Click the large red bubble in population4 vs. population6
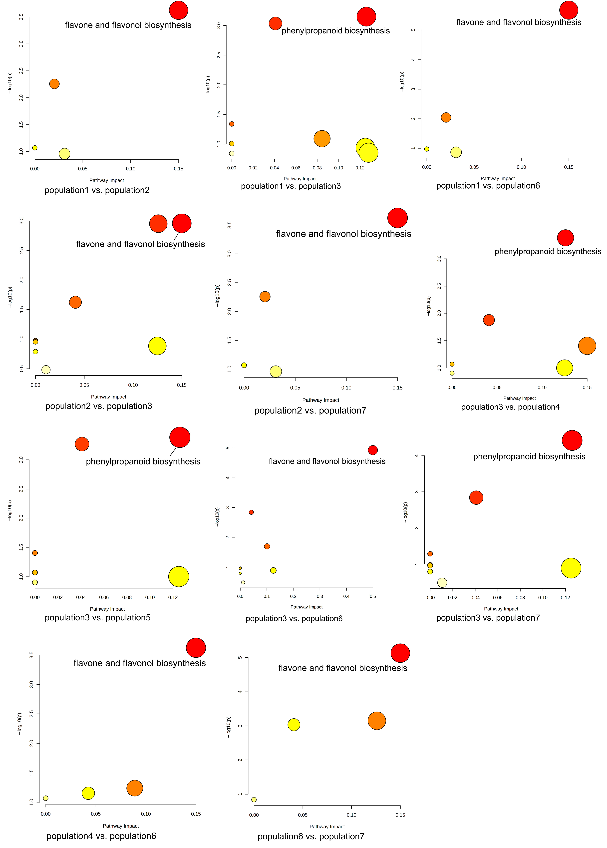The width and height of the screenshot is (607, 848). click(196, 648)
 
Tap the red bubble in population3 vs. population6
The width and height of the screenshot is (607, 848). click(373, 450)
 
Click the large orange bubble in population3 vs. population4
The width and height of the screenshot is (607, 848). click(587, 346)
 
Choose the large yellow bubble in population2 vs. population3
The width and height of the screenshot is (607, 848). click(157, 346)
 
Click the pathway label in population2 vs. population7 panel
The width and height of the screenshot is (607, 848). click(343, 234)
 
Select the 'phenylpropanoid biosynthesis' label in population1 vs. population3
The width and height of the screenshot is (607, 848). click(336, 31)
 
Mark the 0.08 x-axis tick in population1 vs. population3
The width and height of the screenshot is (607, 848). click(317, 168)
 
